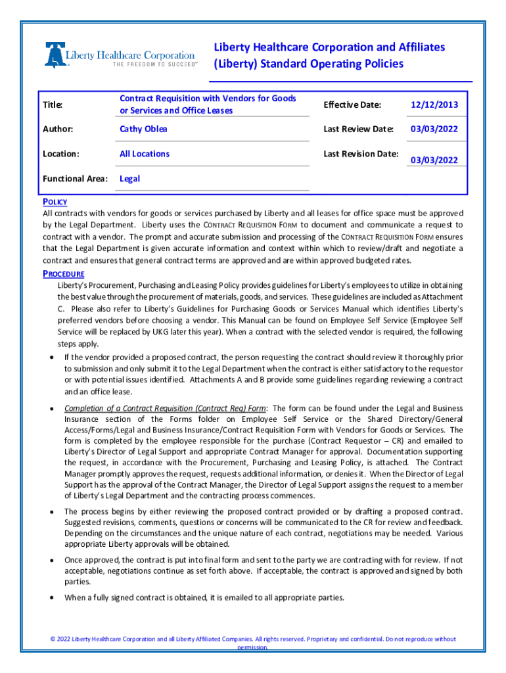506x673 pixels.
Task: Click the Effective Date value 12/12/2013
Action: click(434, 104)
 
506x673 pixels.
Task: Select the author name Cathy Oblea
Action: click(143, 129)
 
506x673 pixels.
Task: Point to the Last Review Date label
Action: click(358, 129)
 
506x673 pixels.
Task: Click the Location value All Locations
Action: click(144, 154)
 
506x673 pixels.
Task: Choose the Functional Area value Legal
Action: click(129, 179)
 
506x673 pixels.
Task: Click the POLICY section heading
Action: click(55, 202)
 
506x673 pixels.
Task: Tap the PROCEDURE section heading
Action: click(63, 273)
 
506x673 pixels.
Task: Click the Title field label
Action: click(53, 104)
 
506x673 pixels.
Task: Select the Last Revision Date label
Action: click(361, 154)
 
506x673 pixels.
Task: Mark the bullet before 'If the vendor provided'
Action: click(51, 358)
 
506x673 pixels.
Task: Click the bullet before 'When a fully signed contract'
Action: click(51, 598)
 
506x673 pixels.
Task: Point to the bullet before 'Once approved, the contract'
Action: click(51, 559)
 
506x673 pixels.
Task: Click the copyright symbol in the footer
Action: click(53, 639)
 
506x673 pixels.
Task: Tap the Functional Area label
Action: click(74, 179)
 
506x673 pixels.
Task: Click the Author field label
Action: click(58, 129)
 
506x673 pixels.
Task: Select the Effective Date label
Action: click(352, 104)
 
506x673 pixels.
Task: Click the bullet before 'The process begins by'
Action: click(51, 511)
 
